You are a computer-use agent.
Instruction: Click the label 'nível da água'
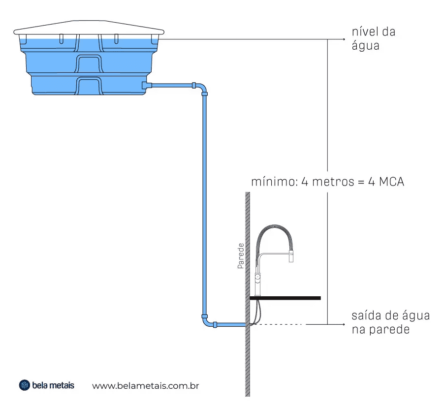point(373,39)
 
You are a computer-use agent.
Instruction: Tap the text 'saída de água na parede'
point(391,322)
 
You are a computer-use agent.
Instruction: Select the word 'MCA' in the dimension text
point(391,182)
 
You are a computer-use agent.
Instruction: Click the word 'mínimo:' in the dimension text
point(275,182)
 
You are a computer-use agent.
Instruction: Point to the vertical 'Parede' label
point(241,255)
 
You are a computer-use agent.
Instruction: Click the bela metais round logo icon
point(24,385)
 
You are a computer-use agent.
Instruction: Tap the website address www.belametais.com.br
point(146,386)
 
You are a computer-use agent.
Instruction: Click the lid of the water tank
point(89,28)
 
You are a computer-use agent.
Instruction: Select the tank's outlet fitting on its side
point(147,85)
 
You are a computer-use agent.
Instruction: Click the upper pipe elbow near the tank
point(202,87)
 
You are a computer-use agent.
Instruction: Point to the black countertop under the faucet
point(285,298)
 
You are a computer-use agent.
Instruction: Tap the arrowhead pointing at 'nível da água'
point(344,39)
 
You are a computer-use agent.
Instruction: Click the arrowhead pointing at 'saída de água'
point(344,324)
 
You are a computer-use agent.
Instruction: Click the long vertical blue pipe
point(205,205)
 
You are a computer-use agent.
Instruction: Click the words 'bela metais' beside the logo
point(53,385)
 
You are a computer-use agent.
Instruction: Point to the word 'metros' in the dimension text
point(333,182)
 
